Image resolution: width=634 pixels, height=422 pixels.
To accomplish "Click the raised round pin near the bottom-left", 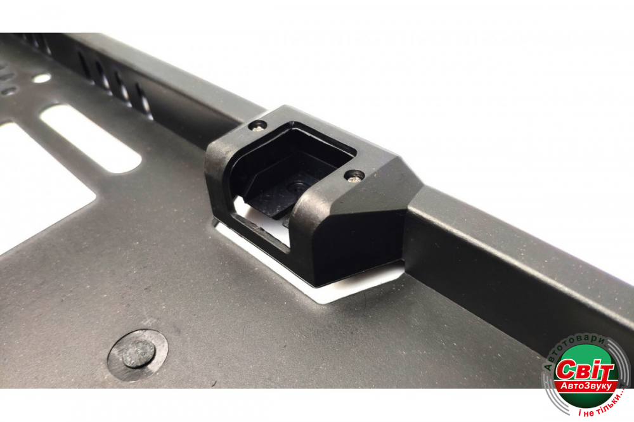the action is click(x=139, y=354).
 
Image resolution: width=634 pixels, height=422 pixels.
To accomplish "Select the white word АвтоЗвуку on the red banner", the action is click(x=586, y=387).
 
